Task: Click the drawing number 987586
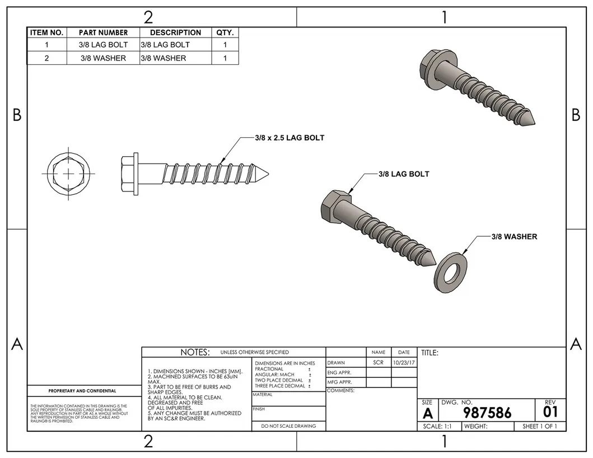coord(487,413)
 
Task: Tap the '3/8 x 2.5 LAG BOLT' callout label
coord(289,138)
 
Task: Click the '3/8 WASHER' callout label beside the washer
coord(514,237)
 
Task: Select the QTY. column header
coord(225,32)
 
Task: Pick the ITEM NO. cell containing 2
coord(46,58)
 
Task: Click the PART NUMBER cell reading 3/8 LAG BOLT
coord(103,45)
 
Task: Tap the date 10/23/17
coord(403,363)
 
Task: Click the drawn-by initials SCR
coord(378,363)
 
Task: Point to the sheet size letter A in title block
coord(427,413)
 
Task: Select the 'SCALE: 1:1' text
coord(438,426)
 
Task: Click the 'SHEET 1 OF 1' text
coord(540,426)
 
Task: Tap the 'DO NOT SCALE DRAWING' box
coord(288,426)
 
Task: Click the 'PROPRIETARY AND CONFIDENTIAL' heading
coord(82,391)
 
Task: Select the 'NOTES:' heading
coord(195,352)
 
